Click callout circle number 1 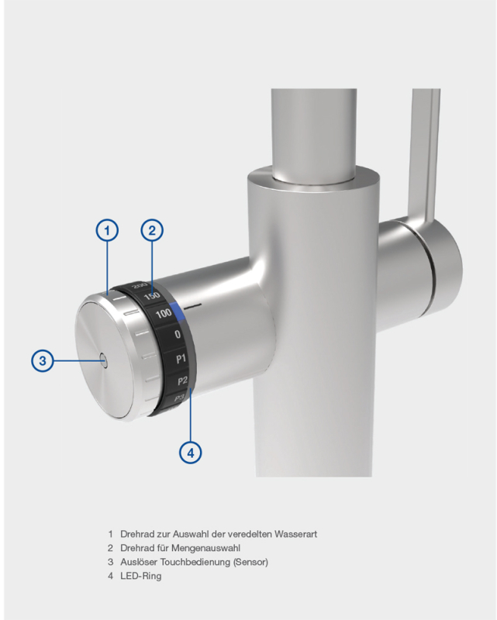point(107,230)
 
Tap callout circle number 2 point(152,230)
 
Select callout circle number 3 point(43,360)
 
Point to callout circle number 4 point(190,453)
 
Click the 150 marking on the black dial point(151,295)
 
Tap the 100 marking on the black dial point(164,314)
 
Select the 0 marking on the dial point(178,335)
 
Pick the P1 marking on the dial point(181,359)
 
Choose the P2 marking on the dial point(182,381)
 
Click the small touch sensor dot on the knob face point(104,360)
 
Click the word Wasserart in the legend point(295,534)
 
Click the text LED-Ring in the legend point(141,576)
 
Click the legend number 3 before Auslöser point(110,562)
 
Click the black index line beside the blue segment point(194,305)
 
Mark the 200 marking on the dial point(140,285)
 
